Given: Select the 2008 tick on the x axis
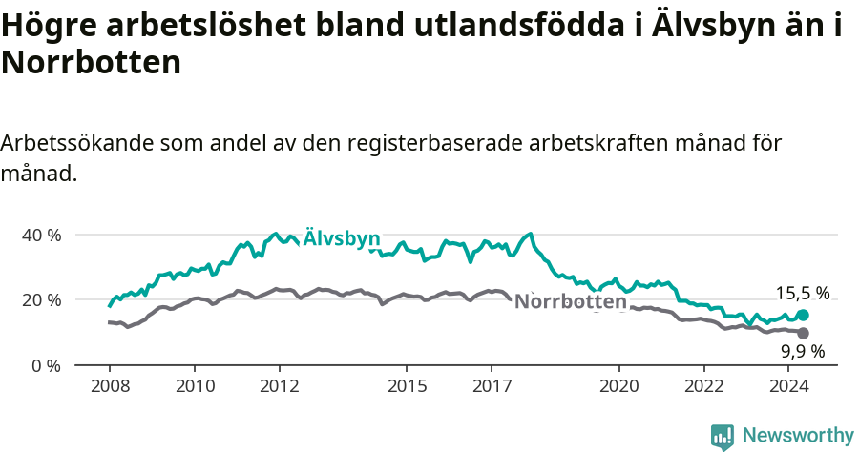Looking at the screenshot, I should pos(110,386).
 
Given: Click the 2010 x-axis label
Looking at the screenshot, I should pos(195,386).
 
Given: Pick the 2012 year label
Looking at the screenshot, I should pos(279,386).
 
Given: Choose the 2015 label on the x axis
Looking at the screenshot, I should pos(407,386).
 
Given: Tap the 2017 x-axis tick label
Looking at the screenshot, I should pos(491,386).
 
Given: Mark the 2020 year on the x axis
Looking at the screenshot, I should pos(618,386).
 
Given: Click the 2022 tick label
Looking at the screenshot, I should pos(703,386).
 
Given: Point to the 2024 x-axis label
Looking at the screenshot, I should pos(788,386).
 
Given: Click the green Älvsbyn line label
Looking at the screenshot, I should pos(342,238).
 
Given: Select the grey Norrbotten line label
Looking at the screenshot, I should pos(571,302).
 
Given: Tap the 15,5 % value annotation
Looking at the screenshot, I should pos(802,293).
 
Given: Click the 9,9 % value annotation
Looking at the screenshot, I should pos(802,352).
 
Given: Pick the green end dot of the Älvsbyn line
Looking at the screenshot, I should pos(803,315).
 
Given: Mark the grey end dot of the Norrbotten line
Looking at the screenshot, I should pos(803,333).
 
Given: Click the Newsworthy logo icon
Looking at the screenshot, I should pos(723,436).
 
